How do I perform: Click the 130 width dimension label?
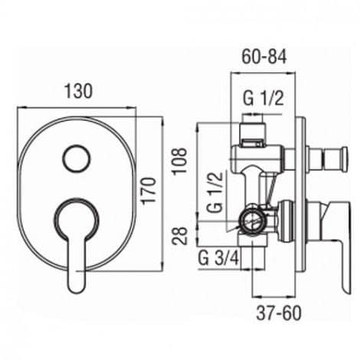(78, 91)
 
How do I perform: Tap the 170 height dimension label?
(149, 191)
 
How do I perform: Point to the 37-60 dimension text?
(279, 313)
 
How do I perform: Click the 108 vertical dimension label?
(179, 161)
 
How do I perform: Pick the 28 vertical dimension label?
(179, 236)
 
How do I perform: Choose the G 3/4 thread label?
(219, 258)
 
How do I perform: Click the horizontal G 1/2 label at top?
(263, 99)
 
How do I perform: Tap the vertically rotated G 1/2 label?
(214, 193)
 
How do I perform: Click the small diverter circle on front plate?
(77, 159)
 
